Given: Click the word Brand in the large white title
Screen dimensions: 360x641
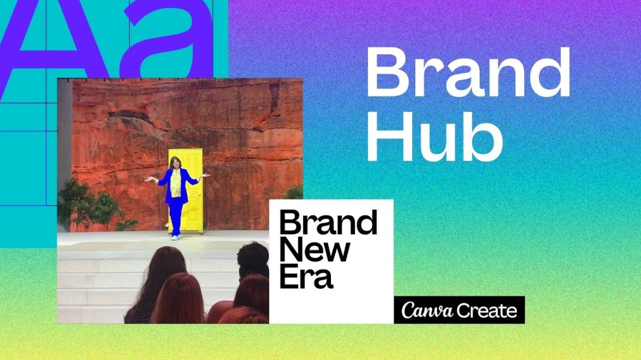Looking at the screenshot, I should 468,72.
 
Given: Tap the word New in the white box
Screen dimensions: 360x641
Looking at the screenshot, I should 315,250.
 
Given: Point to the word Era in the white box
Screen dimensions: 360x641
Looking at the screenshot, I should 306,277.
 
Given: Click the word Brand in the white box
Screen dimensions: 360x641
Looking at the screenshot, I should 328,223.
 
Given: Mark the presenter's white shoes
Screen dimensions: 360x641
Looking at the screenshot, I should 174,236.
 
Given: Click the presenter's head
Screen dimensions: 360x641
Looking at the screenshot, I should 174,163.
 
